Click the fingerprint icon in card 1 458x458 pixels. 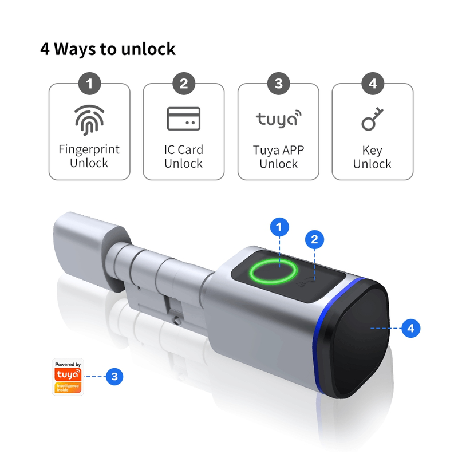click(x=89, y=120)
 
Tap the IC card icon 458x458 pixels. click(x=183, y=119)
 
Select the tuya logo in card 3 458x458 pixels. click(x=279, y=119)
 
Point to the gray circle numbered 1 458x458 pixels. click(x=89, y=84)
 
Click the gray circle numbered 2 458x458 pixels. click(x=184, y=84)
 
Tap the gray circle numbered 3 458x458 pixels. click(x=278, y=84)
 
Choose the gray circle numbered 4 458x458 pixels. click(x=373, y=84)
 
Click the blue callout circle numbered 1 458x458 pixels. click(x=279, y=227)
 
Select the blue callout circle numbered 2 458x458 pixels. click(x=314, y=239)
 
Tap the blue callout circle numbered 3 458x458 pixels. click(x=114, y=376)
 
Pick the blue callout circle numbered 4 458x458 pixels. click(x=411, y=328)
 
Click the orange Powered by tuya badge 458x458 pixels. click(x=68, y=377)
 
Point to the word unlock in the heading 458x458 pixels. click(x=148, y=49)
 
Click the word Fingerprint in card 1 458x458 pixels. click(x=89, y=150)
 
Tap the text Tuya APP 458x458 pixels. click(x=278, y=150)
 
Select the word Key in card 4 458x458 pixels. click(x=372, y=151)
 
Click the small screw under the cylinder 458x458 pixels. click(x=177, y=321)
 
